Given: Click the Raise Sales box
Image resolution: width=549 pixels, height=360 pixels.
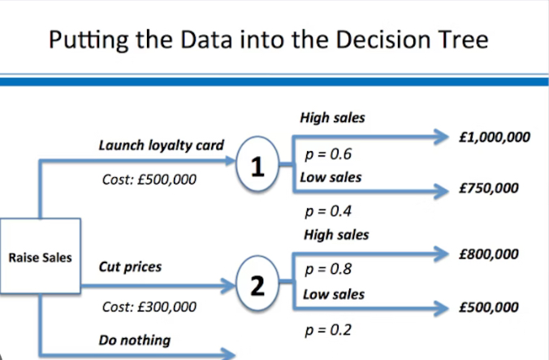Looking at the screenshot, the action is [40, 258].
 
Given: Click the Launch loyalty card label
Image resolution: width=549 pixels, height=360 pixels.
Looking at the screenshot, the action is [161, 146].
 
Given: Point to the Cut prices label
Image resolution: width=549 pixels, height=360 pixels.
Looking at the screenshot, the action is [130, 267].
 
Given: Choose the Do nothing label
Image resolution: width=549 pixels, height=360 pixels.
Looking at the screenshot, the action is [135, 340].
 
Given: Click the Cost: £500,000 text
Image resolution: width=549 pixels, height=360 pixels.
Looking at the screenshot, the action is [149, 180].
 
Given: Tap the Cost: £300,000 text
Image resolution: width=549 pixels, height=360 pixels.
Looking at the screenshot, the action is [149, 307].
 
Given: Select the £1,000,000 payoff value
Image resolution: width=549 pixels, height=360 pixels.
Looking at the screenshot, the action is [493, 137].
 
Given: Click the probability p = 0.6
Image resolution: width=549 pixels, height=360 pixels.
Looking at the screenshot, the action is [327, 154].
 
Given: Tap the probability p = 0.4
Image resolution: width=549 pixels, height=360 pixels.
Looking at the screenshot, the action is [327, 212].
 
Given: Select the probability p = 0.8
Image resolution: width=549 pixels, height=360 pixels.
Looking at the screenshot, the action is [327, 269].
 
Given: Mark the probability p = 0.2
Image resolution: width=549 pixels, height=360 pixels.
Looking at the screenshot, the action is [327, 332].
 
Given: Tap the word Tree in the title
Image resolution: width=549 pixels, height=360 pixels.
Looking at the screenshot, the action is [460, 39].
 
